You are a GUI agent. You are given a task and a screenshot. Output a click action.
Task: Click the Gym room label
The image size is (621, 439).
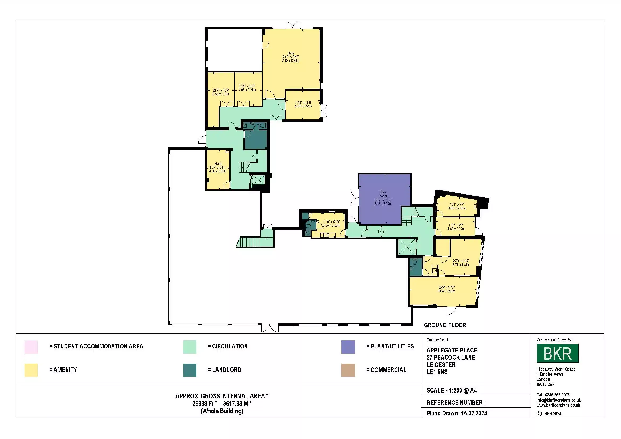click(290, 53)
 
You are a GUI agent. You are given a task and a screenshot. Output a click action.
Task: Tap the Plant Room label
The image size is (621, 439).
click(383, 194)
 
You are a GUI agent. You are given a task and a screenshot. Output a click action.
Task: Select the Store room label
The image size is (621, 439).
click(218, 163)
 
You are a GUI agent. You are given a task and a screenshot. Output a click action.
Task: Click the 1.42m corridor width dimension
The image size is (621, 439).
click(381, 232)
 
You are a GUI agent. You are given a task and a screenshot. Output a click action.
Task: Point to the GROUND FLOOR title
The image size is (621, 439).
click(445, 325)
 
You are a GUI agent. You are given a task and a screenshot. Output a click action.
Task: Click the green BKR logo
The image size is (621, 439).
click(558, 353)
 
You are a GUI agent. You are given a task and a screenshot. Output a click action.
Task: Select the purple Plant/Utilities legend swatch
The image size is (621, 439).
click(348, 347)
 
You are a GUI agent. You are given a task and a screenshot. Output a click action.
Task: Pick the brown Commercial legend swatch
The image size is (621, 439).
click(348, 370)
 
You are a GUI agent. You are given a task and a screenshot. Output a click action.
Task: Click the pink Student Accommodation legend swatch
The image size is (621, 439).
click(31, 347)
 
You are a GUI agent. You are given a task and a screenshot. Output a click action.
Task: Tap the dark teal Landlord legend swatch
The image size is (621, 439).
click(190, 370)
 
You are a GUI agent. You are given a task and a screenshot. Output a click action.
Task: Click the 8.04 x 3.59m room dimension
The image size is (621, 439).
click(446, 291)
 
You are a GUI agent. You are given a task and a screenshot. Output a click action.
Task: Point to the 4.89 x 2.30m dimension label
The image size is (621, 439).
click(457, 208)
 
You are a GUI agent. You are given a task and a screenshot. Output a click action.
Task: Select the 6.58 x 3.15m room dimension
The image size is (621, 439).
click(221, 94)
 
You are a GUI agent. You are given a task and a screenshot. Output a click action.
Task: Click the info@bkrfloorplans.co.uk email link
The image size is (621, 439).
click(559, 400)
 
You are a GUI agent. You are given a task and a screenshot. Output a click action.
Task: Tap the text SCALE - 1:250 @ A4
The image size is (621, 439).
click(452, 390)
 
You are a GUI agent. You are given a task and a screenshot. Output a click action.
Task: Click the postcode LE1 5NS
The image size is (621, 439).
click(437, 372)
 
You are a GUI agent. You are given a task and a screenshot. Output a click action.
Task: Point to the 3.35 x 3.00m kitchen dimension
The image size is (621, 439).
click(331, 225)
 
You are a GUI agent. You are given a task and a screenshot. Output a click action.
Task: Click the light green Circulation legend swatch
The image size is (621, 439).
click(190, 347)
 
